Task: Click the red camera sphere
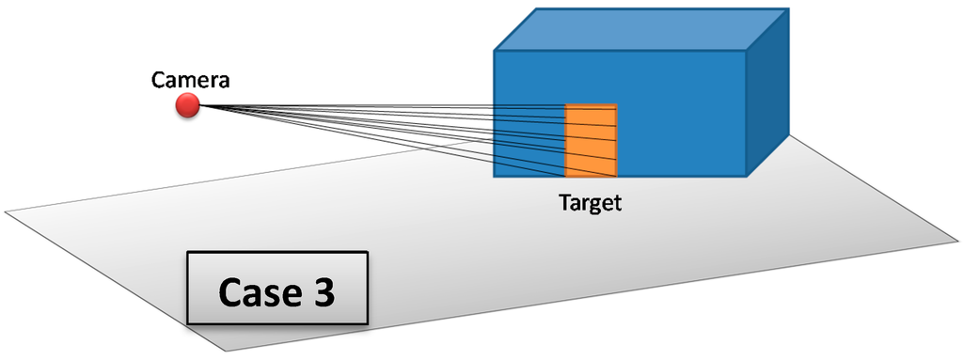(x=187, y=106)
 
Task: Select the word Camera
(x=191, y=81)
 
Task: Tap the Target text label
(x=591, y=202)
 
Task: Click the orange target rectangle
(x=591, y=140)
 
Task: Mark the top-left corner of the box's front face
(x=496, y=51)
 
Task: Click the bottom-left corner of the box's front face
(x=496, y=177)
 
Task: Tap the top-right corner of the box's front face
(x=746, y=51)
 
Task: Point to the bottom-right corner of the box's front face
(x=746, y=177)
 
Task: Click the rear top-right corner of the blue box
(x=787, y=10)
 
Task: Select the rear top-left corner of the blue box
(x=537, y=10)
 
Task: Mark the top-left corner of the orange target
(x=565, y=104)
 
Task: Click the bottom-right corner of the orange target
(x=617, y=176)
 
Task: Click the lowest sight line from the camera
(x=376, y=140)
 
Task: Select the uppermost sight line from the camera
(x=376, y=105)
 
